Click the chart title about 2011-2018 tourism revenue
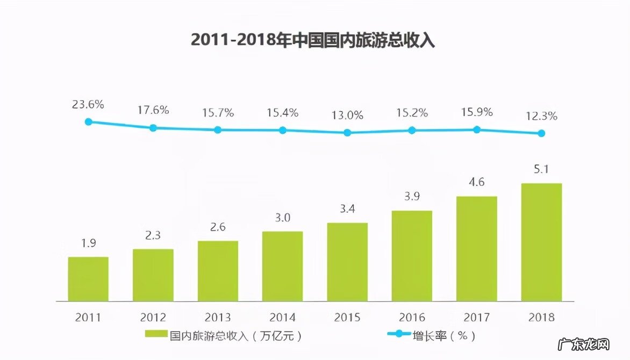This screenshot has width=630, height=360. click(x=313, y=40)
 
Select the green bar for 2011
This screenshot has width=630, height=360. click(x=88, y=279)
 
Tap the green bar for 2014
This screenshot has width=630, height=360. click(x=282, y=266)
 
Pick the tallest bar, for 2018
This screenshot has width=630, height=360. click(x=541, y=242)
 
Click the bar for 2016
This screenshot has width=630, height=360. click(x=412, y=255)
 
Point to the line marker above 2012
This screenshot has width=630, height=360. click(x=153, y=128)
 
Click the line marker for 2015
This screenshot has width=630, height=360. click(x=347, y=132)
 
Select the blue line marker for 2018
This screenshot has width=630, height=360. click(x=541, y=133)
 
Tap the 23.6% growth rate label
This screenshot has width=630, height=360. click(x=88, y=104)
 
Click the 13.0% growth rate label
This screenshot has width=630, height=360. click(x=347, y=115)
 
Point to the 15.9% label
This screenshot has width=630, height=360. click(x=477, y=113)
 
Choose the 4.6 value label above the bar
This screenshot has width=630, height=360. click(x=477, y=182)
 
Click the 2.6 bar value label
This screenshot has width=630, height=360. click(x=218, y=227)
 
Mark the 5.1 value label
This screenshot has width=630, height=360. click(x=541, y=169)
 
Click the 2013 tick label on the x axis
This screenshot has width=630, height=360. click(x=218, y=317)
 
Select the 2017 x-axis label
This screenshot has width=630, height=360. click(x=477, y=317)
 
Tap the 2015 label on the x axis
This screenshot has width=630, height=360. click(x=347, y=317)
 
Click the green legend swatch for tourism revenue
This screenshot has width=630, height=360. click(x=156, y=335)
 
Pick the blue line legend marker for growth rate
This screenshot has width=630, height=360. click(x=398, y=335)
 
